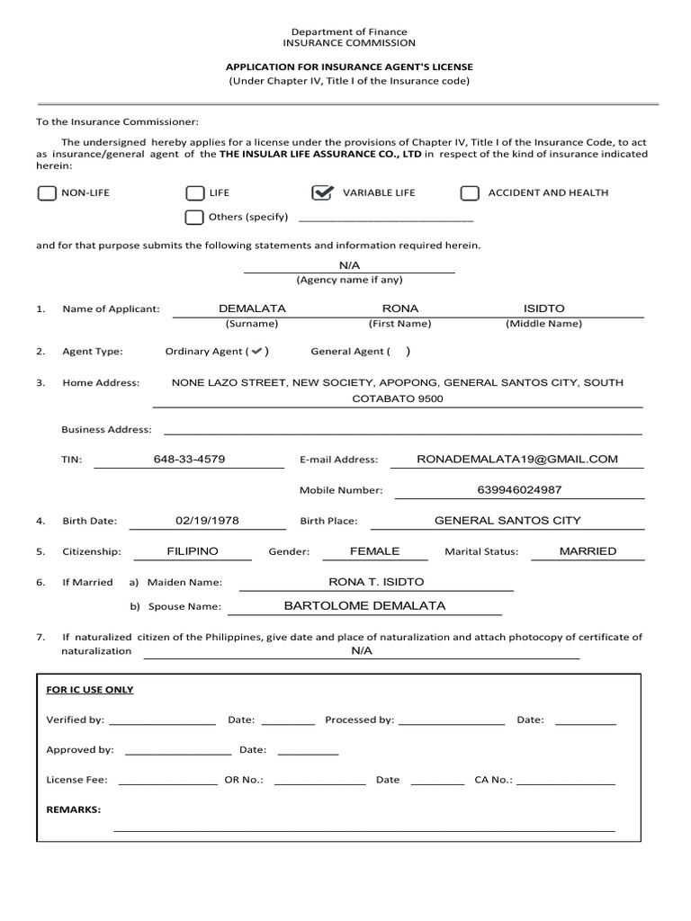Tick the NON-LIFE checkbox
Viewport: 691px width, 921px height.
point(46,193)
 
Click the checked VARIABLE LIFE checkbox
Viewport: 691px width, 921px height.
point(321,193)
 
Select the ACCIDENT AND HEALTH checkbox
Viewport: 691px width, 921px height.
point(469,193)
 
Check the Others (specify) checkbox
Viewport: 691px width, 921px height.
point(193,217)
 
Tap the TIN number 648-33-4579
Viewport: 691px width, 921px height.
point(189,459)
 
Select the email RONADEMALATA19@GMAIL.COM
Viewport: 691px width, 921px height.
point(517,459)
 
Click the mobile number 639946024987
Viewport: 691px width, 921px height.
point(519,489)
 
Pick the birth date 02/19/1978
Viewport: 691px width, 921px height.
point(207,520)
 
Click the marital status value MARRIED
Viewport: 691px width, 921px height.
point(588,550)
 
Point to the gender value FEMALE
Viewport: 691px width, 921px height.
point(374,550)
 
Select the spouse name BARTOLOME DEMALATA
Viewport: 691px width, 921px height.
point(364,605)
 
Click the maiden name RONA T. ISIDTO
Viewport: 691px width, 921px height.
point(376,582)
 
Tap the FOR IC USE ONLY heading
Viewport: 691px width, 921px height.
point(90,690)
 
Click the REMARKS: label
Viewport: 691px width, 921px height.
point(74,809)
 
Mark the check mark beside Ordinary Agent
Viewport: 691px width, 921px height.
point(257,352)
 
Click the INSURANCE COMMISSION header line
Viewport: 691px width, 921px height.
point(349,42)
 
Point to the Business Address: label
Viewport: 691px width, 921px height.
point(106,429)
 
